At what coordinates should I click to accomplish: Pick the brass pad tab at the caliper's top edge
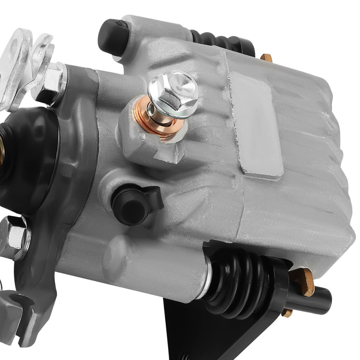click(x=266, y=58)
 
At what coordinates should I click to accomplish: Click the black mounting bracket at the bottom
click(x=202, y=335)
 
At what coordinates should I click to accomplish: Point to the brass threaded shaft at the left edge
click(x=3, y=148)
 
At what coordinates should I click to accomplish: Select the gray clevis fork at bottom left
click(x=18, y=313)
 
